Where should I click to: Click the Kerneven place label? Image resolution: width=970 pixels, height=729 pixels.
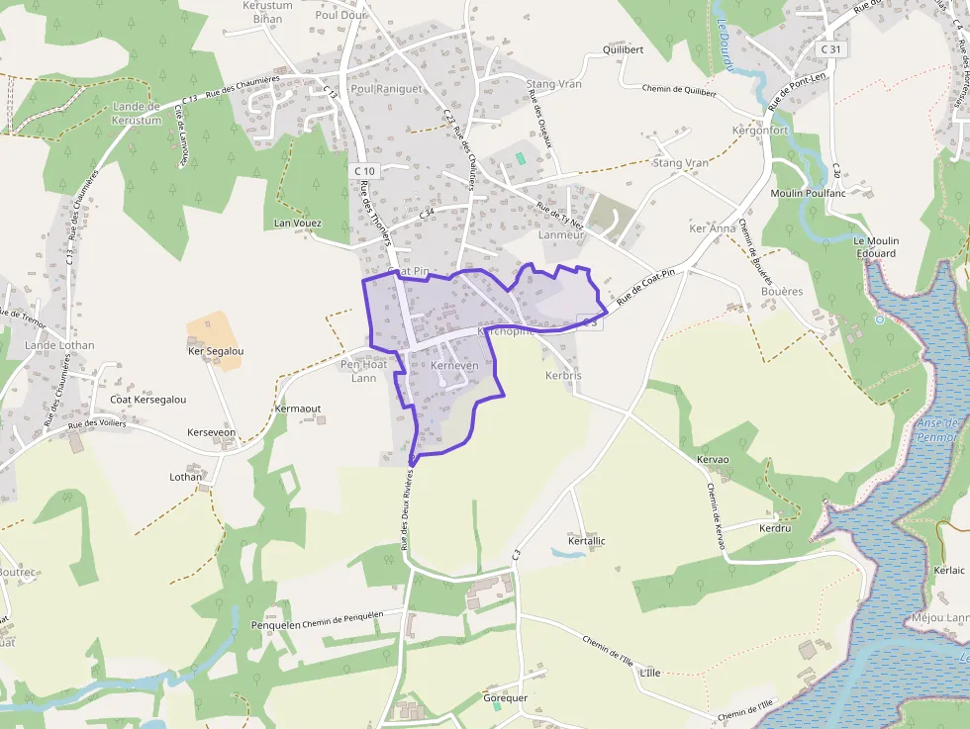[455, 366]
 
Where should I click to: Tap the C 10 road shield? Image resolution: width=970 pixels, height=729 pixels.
[364, 171]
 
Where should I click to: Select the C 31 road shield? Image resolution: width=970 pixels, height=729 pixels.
[831, 49]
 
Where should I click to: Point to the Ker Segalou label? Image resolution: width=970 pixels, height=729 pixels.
[216, 351]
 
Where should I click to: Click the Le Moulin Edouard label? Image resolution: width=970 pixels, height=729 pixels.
[874, 247]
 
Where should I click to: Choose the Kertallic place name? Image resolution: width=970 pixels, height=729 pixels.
[587, 541]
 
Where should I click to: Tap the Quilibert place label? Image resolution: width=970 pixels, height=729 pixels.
[623, 49]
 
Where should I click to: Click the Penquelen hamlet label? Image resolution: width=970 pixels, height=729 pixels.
[276, 625]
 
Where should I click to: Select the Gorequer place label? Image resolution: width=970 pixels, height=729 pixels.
[505, 697]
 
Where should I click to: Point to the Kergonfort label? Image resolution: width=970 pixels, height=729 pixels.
[759, 131]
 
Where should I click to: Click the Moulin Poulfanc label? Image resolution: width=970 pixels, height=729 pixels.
[808, 193]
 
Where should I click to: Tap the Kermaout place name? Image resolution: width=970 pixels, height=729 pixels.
[298, 409]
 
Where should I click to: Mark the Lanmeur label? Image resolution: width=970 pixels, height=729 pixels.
[562, 235]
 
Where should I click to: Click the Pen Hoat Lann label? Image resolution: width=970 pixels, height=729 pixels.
[364, 371]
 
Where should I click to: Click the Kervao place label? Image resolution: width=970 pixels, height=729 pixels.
[713, 460]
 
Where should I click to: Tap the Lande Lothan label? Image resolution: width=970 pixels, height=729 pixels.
[59, 345]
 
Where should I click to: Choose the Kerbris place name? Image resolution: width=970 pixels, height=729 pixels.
[564, 377]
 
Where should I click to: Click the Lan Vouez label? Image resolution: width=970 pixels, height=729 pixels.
[298, 224]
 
